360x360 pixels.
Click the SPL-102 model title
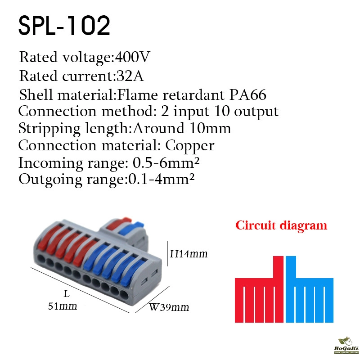[64, 26]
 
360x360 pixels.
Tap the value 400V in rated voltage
[132, 57]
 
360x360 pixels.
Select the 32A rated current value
[130, 76]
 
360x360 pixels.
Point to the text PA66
[248, 94]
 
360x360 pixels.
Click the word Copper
[189, 146]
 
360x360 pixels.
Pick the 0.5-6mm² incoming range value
[166, 163]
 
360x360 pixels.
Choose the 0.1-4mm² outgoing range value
[162, 179]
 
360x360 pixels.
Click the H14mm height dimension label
[189, 254]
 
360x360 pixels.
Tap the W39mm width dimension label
[169, 307]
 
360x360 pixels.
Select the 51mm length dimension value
[63, 306]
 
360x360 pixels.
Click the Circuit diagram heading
[281, 225]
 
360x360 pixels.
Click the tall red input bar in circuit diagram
[278, 289]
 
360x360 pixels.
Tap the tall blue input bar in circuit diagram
[291, 289]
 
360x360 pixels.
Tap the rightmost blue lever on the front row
[133, 272]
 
